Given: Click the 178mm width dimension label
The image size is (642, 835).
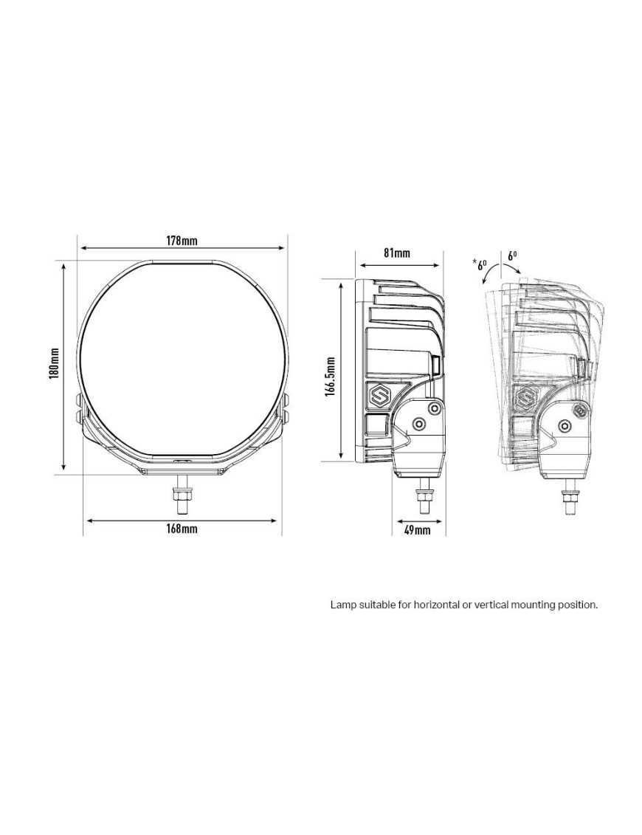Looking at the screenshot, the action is [x=182, y=240].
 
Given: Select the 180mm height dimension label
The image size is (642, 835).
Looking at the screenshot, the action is [x=53, y=363].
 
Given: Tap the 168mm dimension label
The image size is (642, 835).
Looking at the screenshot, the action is [x=182, y=529].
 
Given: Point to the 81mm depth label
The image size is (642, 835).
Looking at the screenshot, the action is [x=397, y=252].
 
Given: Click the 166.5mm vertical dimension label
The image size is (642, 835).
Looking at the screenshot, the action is [x=330, y=376].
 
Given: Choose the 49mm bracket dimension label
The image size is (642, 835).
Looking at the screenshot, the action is [x=418, y=529].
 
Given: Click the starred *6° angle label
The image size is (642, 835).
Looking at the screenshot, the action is [x=480, y=264].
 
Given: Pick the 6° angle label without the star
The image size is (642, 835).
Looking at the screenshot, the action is [x=512, y=255].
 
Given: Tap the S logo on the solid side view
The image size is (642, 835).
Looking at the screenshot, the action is [x=379, y=396].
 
